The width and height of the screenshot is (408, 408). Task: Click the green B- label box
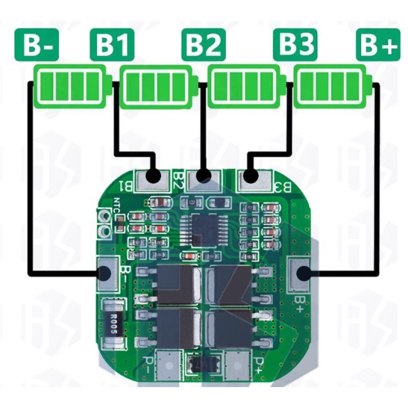[x=37, y=46]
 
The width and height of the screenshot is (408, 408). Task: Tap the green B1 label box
[x=112, y=46]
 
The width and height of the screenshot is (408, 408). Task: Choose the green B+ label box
[x=378, y=46]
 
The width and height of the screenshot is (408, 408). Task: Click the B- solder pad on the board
[x=106, y=274]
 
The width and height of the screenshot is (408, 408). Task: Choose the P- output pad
[x=167, y=365]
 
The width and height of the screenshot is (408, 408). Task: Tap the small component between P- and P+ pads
[x=202, y=365]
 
